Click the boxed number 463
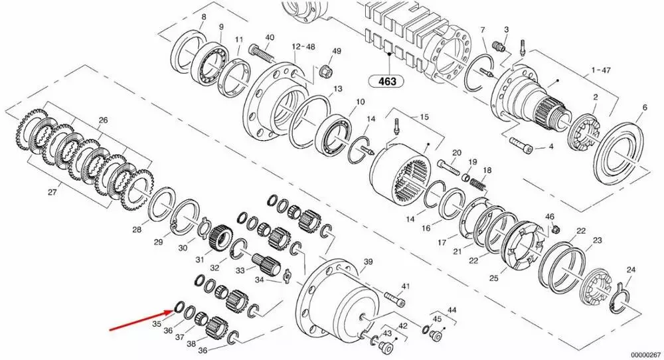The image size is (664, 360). coord(386,80)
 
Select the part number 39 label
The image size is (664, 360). coord(368,262)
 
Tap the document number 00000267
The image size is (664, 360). coord(646,355)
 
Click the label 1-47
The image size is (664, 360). coord(601,70)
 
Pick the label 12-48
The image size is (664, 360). coord(303,46)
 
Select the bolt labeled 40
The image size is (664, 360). coord(262,53)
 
